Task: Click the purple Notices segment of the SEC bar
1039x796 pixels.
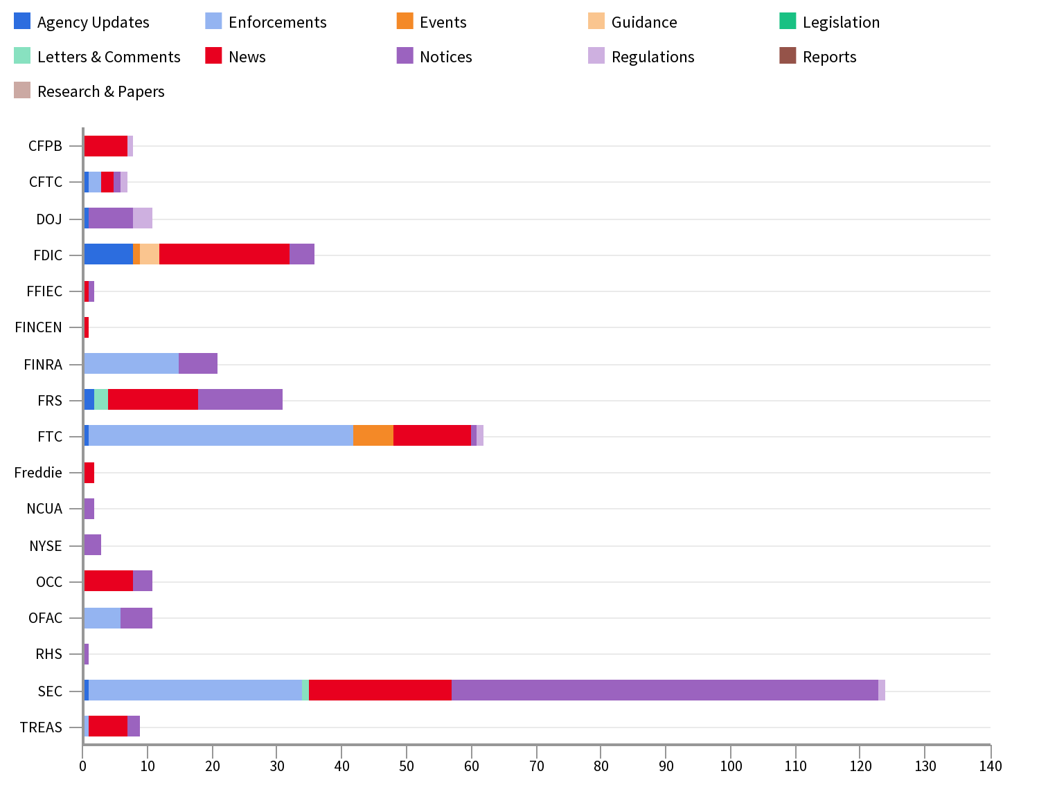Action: coord(665,690)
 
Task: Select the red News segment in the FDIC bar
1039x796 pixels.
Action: coord(224,254)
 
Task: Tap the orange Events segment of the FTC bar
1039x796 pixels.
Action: coord(373,435)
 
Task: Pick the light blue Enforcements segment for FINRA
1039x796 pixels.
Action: coord(132,363)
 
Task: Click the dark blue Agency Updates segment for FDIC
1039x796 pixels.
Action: coord(109,254)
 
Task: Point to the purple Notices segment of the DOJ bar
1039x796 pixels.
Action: coord(111,218)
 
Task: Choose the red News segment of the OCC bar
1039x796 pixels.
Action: coord(109,581)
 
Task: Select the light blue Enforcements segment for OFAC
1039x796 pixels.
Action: coord(103,617)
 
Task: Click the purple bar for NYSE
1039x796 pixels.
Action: coord(93,545)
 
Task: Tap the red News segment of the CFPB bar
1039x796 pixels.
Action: coord(106,146)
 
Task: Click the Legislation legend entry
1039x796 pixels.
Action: coord(841,22)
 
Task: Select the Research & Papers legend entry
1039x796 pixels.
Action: coord(100,91)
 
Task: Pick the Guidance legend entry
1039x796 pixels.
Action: coord(643,22)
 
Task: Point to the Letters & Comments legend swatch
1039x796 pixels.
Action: coord(22,55)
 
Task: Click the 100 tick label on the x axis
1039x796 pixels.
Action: coord(731,766)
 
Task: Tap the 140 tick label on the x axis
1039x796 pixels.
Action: coord(990,766)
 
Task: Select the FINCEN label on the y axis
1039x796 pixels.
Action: coord(38,327)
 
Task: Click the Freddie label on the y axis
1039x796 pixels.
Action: coord(38,473)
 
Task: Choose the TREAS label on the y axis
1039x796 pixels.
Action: coord(41,727)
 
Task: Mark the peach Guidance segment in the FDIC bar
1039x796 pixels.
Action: coord(150,254)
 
